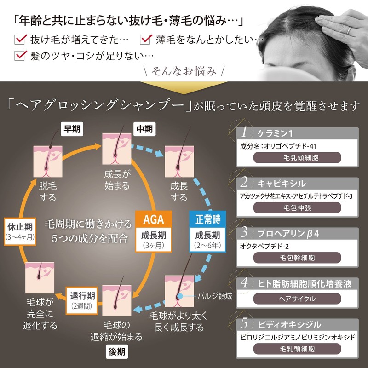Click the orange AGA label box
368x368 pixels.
pyautogui.click(x=154, y=219)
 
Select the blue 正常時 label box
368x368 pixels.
pyautogui.click(x=207, y=219)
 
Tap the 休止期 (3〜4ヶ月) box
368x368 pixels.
pyautogui.click(x=20, y=232)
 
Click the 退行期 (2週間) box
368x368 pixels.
pyautogui.click(x=82, y=300)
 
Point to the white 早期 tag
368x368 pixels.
pyautogui.click(x=72, y=129)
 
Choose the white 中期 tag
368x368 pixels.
pyautogui.click(x=144, y=129)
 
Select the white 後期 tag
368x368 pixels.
pyautogui.click(x=117, y=351)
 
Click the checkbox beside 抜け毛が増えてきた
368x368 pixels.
pyautogui.click(x=20, y=39)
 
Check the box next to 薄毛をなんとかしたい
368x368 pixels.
pyautogui.click(x=146, y=39)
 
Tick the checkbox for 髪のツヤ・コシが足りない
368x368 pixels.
pyautogui.click(x=20, y=55)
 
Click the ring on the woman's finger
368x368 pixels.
pyautogui.click(x=349, y=30)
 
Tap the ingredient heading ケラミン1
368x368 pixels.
pyautogui.click(x=275, y=133)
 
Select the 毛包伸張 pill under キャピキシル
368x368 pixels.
pyautogui.click(x=297, y=208)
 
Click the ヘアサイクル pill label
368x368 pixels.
pyautogui.click(x=297, y=299)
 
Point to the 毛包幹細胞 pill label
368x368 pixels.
pyautogui.click(x=297, y=258)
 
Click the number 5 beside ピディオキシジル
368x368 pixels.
pyautogui.click(x=244, y=323)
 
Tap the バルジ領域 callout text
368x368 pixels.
pyautogui.click(x=215, y=296)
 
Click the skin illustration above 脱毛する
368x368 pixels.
pyautogui.click(x=48, y=161)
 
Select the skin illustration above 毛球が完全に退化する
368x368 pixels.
pyautogui.click(x=40, y=278)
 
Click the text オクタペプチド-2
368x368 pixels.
pyautogui.click(x=264, y=247)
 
